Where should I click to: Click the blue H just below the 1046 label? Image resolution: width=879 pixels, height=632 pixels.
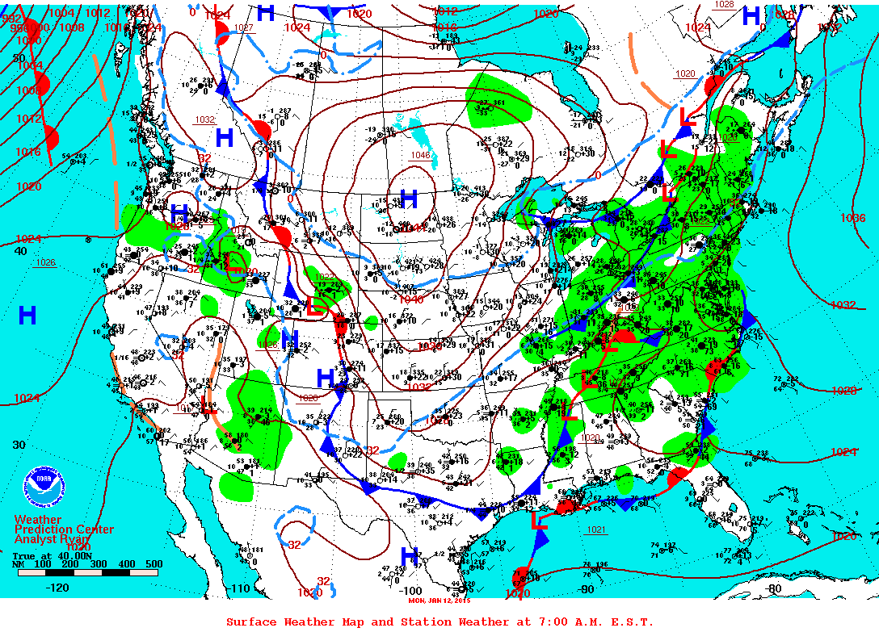pos(409,199)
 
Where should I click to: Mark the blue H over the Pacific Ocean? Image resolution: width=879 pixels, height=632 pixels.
pos(27,316)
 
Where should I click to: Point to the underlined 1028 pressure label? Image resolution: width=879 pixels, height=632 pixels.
pos(725,5)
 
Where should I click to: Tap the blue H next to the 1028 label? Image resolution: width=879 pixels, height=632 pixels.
pos(751,15)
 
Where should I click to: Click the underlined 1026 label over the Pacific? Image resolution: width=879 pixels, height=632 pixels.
pos(45,262)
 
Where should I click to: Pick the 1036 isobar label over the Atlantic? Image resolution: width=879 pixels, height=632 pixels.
pos(853,218)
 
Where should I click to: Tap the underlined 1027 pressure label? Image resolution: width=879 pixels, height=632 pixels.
pos(244,27)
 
